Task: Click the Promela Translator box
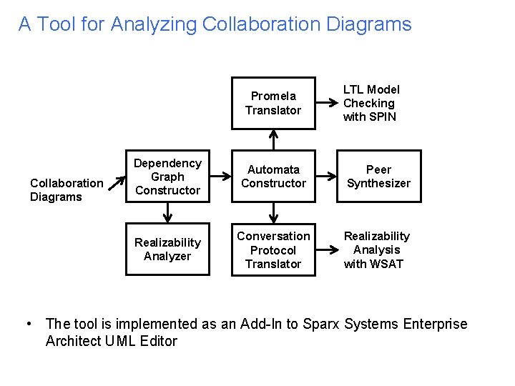273,103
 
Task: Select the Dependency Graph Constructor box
167,177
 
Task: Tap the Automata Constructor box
273,177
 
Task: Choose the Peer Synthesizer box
378,177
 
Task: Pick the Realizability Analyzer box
167,249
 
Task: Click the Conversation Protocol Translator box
273,249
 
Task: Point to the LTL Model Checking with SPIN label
371,103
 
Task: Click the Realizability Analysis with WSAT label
376,249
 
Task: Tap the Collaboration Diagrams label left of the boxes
67,190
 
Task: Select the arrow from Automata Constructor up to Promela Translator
273,139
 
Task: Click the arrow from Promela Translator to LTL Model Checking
326,103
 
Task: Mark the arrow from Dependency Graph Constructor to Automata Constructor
220,177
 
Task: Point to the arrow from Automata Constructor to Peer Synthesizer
326,177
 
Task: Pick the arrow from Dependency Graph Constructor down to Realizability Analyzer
167,213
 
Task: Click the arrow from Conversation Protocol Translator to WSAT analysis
326,249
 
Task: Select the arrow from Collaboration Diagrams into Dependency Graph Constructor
114,189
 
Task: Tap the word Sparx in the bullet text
321,324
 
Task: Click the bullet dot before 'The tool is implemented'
27,324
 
